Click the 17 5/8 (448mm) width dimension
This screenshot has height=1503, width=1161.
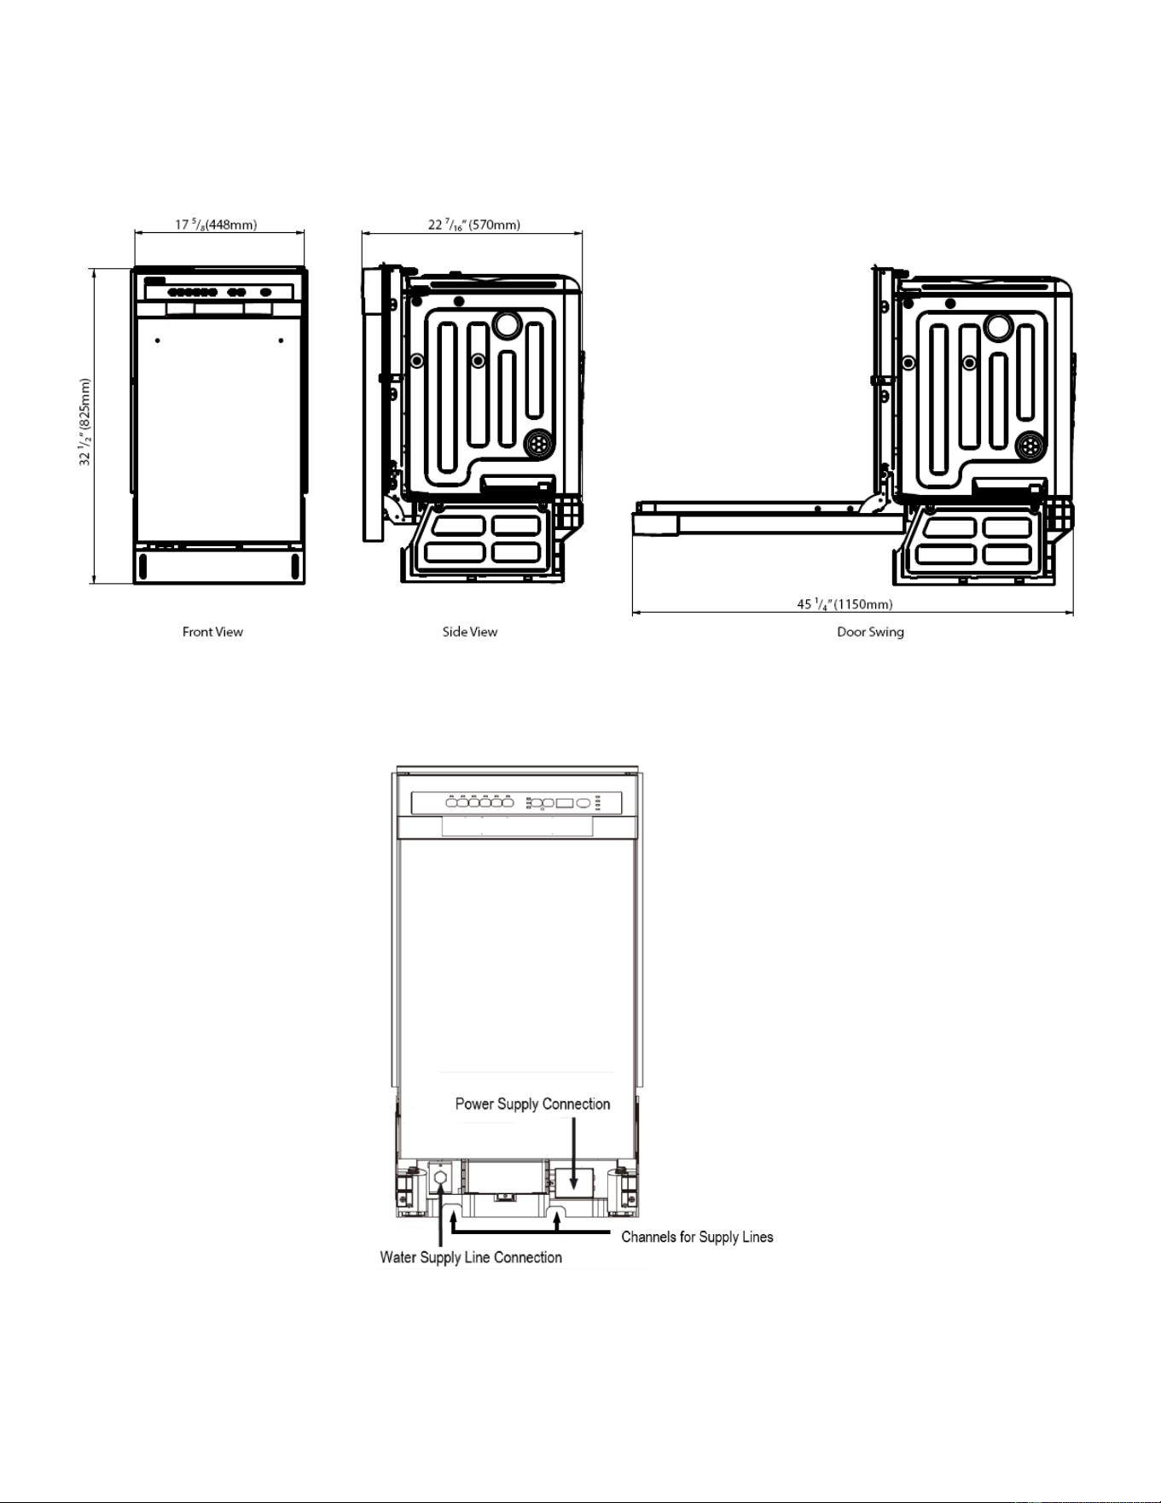216,225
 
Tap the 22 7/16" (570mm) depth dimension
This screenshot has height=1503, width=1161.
474,225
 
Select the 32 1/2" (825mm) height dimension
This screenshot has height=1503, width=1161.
85,422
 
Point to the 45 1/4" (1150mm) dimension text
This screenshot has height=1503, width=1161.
845,604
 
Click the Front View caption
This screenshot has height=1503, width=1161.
212,632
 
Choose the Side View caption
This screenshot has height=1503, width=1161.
470,632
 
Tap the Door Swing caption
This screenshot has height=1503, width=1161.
870,632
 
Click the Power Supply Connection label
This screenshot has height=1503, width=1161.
532,1104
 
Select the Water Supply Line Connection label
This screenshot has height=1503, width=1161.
471,1258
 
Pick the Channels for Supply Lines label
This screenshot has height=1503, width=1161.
697,1238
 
